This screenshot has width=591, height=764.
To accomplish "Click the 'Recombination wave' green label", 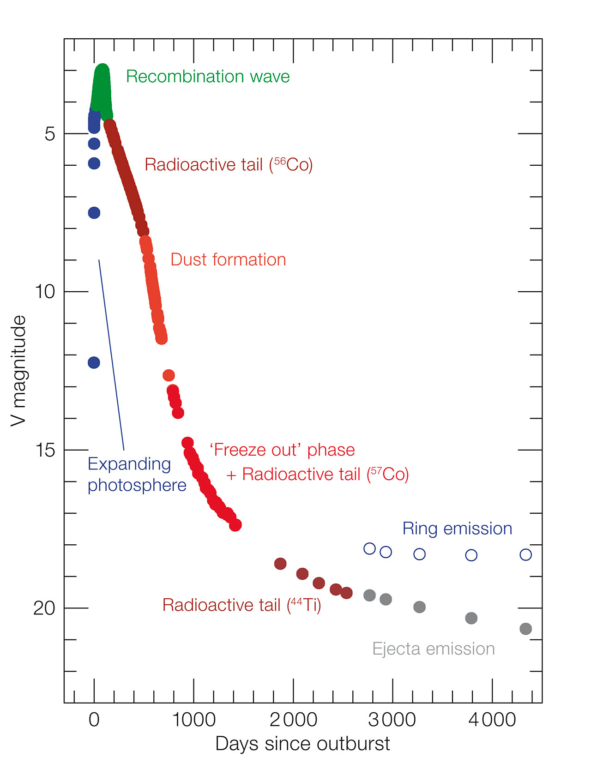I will coord(208,77).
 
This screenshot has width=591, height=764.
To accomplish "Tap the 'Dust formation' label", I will coord(228,260).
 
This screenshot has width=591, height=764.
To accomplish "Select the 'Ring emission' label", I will coord(457,529).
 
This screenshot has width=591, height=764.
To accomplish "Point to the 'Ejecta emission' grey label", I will coord(434,649).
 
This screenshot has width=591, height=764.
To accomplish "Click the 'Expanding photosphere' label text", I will coord(137,475).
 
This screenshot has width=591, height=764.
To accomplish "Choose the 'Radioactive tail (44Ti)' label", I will coord(241,605).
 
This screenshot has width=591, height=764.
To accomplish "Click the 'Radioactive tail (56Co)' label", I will coord(229,165).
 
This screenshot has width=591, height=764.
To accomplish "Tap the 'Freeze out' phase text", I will coord(282,450).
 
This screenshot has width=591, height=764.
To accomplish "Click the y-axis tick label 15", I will coord(45,450).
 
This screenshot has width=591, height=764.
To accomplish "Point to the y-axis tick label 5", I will coord(49,134).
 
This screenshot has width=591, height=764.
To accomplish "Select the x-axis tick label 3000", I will coord(392,720).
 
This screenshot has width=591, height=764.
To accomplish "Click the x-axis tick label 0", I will coord(94,720).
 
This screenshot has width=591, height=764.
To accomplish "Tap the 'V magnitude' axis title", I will coord(19,371).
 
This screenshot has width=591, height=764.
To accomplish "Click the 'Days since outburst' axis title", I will coord(302,744).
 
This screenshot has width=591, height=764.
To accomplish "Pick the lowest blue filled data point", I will coord(94,363).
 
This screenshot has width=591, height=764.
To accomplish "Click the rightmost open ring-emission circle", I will coord(525,554).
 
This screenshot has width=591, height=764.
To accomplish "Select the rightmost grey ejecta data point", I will coord(525,629).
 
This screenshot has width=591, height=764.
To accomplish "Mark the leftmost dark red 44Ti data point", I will coord(280,564).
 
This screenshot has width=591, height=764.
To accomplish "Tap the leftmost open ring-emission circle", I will coord(369,548).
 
